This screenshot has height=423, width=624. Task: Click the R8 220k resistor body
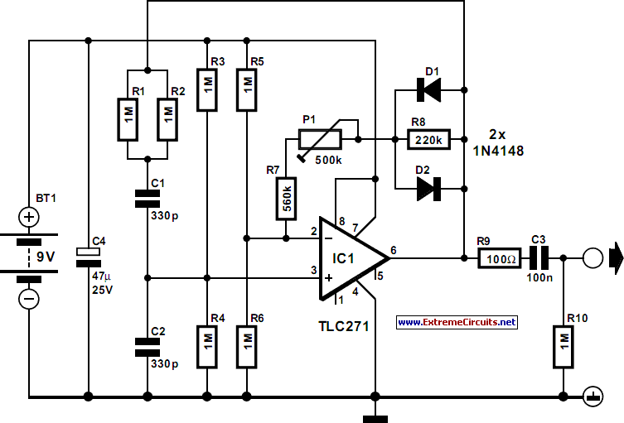click(428, 139)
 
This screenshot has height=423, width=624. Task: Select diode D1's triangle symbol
click(428, 90)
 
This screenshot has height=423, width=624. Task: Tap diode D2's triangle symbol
click(428, 189)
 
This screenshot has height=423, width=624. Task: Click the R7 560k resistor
click(286, 199)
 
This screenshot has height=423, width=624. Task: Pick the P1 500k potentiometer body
click(320, 139)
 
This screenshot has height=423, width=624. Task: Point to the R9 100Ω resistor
click(499, 258)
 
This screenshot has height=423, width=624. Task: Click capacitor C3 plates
click(539, 258)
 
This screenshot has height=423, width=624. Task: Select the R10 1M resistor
click(564, 347)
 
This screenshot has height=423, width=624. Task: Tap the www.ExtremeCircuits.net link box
click(457, 322)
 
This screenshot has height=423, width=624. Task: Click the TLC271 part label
click(344, 326)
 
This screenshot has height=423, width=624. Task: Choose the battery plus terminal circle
click(29, 217)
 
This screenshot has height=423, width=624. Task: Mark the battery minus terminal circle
click(29, 299)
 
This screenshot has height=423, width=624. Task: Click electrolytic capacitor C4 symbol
click(89, 257)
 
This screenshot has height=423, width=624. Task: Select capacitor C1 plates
click(148, 199)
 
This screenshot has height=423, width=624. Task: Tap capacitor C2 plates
click(148, 347)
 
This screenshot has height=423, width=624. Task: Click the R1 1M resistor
click(128, 119)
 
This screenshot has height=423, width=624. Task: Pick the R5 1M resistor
click(247, 90)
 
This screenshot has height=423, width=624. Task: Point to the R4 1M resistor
click(207, 347)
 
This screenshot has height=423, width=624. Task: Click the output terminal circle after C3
click(593, 258)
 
